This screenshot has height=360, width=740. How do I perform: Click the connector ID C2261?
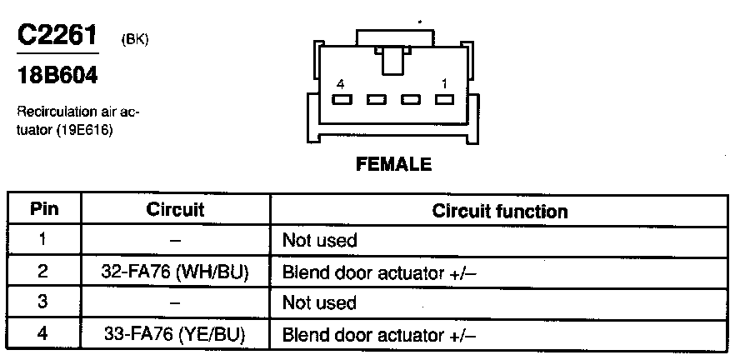57,36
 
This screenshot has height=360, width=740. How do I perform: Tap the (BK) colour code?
134,38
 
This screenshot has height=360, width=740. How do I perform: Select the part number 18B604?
57,76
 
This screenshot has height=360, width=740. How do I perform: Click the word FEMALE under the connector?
394,164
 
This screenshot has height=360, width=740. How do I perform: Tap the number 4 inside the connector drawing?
340,84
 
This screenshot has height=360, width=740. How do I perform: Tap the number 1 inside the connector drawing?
444,84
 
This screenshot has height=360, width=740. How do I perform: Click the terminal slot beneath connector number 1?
444,100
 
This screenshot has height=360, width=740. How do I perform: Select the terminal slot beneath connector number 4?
341,100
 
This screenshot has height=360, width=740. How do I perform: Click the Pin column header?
43,210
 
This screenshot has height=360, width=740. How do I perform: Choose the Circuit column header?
175,210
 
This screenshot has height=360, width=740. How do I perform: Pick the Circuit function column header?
500,211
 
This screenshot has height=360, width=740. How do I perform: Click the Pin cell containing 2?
43,272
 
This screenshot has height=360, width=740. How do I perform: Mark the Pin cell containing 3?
43,302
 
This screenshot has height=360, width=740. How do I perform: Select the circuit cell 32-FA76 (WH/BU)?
175,272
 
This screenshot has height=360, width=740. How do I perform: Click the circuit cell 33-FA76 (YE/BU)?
175,335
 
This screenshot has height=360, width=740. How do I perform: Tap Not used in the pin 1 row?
320,241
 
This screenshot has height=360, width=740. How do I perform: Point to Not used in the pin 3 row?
320,303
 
